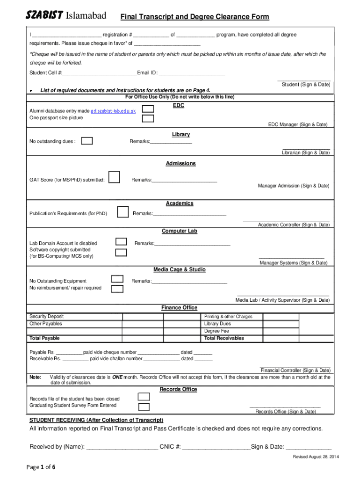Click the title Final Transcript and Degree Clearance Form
[195, 17]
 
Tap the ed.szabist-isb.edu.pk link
[113, 111]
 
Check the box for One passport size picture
[148, 118]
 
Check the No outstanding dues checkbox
[87, 141]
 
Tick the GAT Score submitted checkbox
[113, 179]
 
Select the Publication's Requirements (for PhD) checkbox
[122, 212]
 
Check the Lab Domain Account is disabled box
[121, 242]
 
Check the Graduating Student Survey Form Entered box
[144, 406]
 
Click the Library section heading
[180, 134]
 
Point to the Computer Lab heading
[180, 231]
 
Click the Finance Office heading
[180, 307]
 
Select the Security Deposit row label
[47, 317]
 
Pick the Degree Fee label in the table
[216, 331]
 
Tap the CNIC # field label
[170, 447]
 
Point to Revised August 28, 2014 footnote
[312, 457]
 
